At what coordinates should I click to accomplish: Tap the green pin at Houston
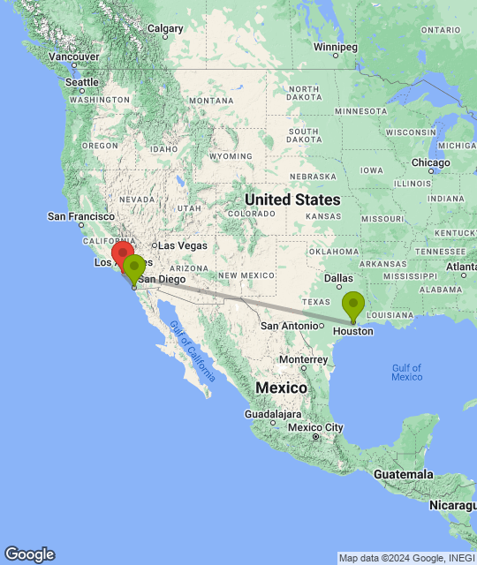click(352, 305)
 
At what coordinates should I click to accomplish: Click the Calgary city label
click(165, 28)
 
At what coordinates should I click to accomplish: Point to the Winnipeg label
click(336, 46)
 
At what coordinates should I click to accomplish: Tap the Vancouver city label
click(73, 56)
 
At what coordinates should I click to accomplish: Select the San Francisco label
click(81, 216)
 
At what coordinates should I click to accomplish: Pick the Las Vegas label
click(183, 245)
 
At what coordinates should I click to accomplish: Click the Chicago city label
click(431, 162)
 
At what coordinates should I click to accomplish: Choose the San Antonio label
click(288, 326)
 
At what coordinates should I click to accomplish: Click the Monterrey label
click(303, 359)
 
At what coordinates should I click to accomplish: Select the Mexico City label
click(315, 428)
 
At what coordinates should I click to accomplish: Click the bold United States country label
click(291, 200)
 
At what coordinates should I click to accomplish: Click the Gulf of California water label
click(193, 351)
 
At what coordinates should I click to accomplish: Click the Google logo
click(29, 554)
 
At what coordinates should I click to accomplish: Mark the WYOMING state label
click(231, 156)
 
